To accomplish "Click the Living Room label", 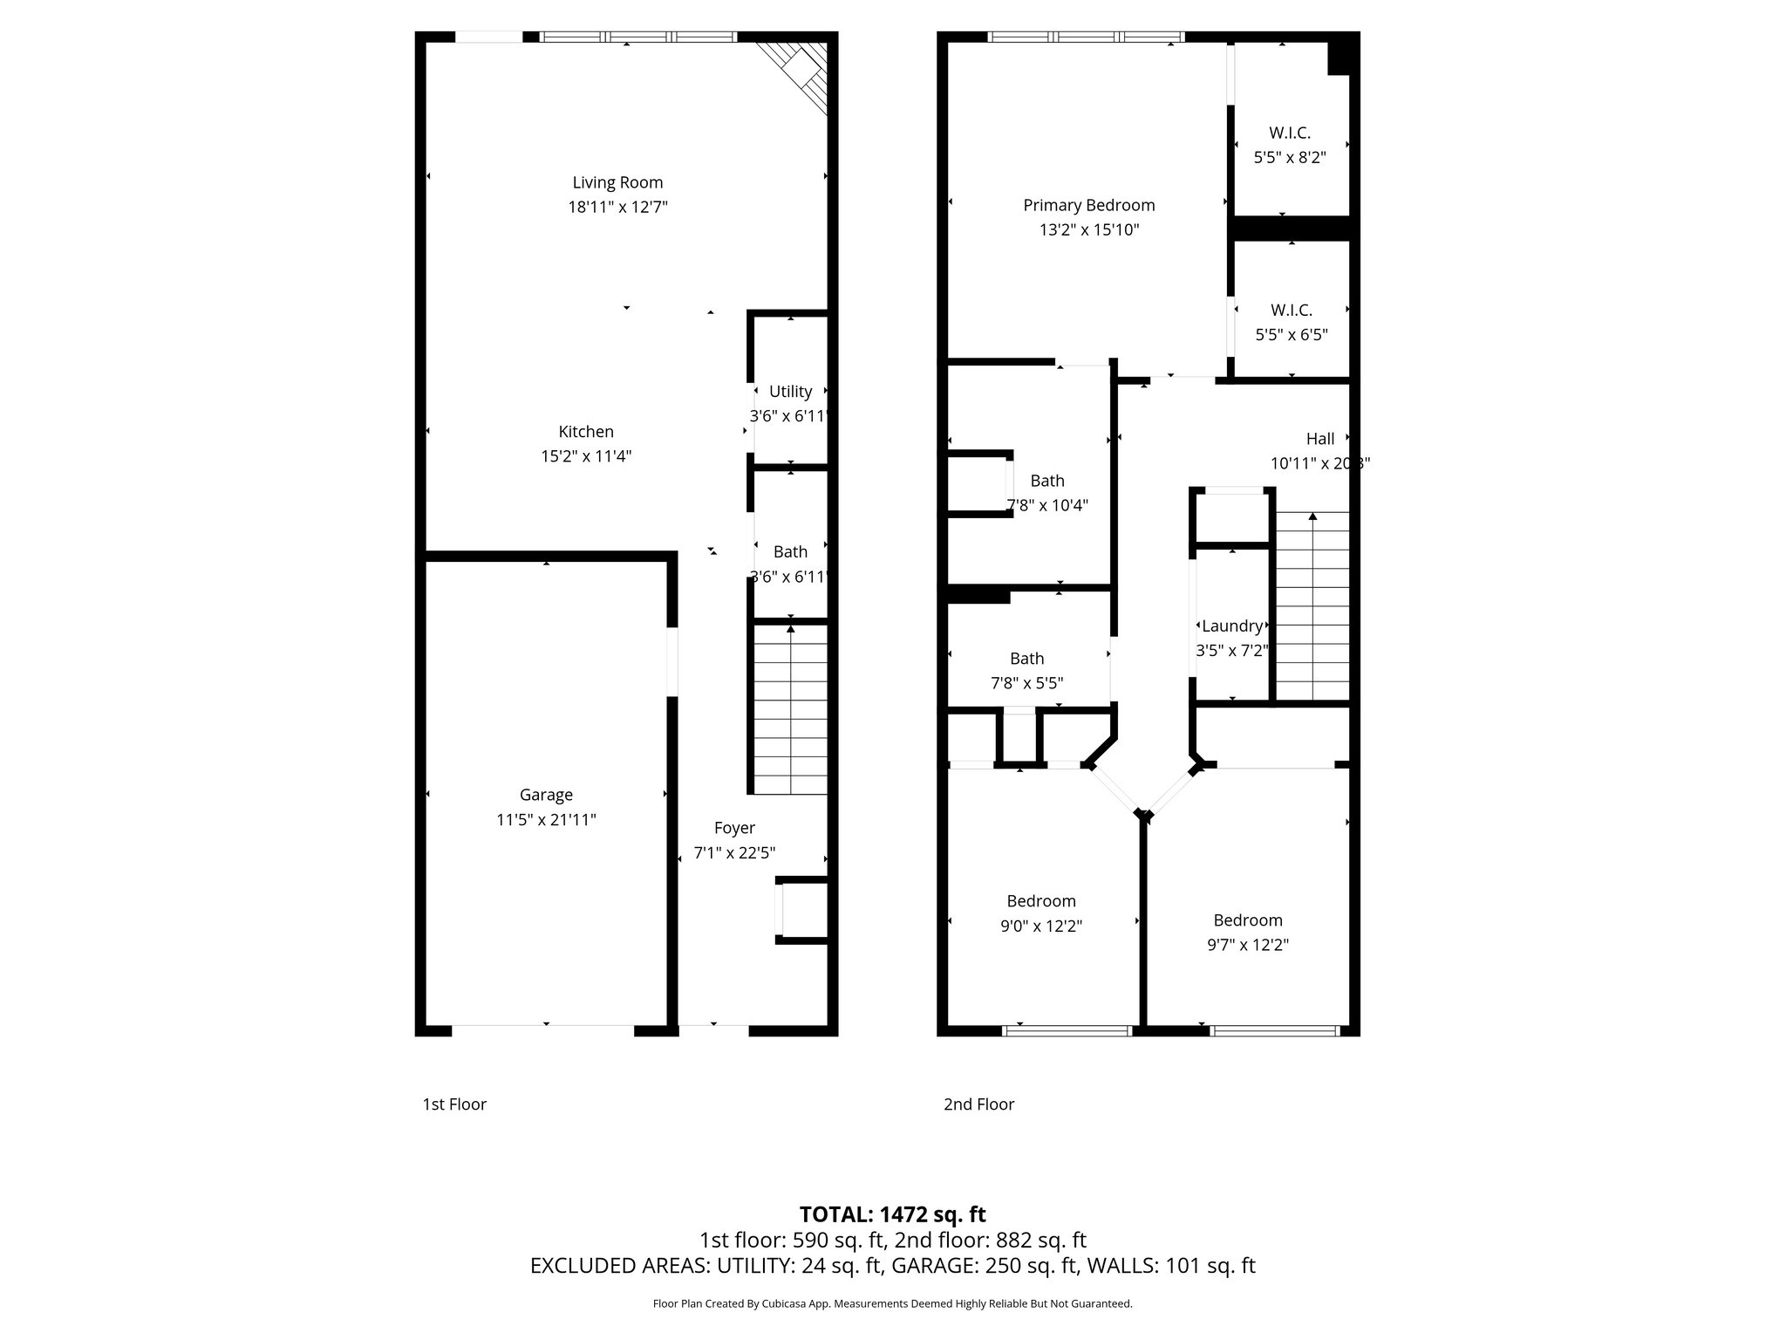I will pyautogui.click(x=617, y=182).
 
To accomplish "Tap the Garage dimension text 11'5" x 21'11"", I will pyautogui.click(x=546, y=819).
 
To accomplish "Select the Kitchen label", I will pyautogui.click(x=586, y=431).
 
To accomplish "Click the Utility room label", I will pyautogui.click(x=790, y=392).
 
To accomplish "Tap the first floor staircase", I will pyautogui.click(x=790, y=708).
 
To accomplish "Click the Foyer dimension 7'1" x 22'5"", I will pyautogui.click(x=734, y=852).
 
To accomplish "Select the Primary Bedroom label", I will pyautogui.click(x=1088, y=205).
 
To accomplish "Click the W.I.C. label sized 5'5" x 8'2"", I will pyautogui.click(x=1289, y=133).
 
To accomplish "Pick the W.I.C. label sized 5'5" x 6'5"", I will pyautogui.click(x=1291, y=310).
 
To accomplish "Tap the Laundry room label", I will pyautogui.click(x=1231, y=626).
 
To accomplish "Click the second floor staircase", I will pyautogui.click(x=1312, y=606).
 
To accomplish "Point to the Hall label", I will pyautogui.click(x=1319, y=439).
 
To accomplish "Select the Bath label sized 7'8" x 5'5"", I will pyautogui.click(x=1026, y=659).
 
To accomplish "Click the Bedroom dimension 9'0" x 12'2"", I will pyautogui.click(x=1041, y=926).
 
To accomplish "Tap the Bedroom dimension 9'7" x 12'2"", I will pyautogui.click(x=1248, y=944).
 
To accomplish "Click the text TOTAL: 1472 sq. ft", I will pyautogui.click(x=892, y=1214).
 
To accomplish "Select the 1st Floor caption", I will pyautogui.click(x=454, y=1104).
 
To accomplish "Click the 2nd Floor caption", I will pyautogui.click(x=978, y=1104).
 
